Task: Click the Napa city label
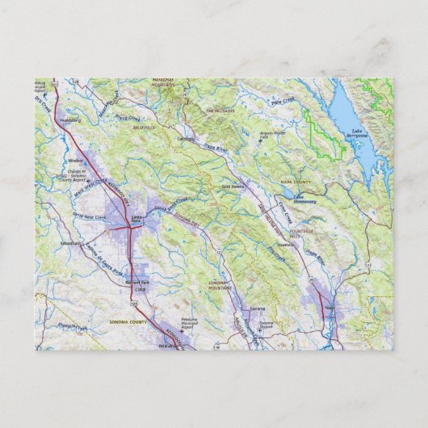point(329,308)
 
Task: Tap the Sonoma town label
point(257,309)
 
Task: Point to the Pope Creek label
point(283,103)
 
